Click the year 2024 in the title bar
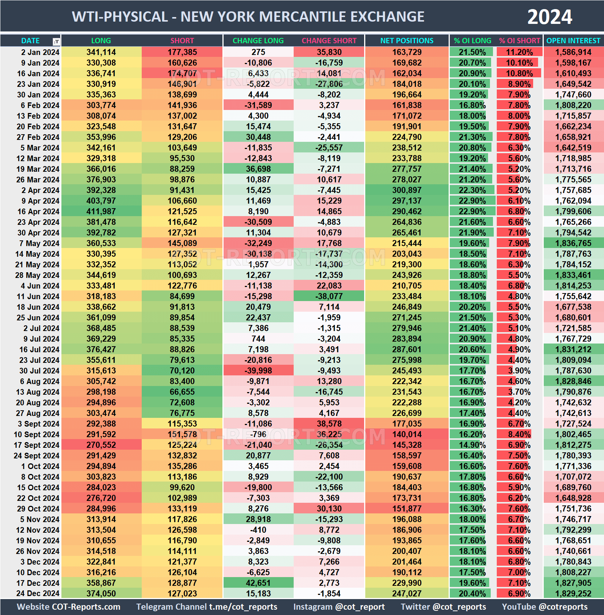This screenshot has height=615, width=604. coord(549,17)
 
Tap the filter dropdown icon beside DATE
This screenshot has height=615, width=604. coord(56,41)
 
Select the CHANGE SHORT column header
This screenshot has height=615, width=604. coord(329,41)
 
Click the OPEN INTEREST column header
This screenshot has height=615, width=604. coord(573,41)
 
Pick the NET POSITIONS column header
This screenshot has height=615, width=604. coord(407,41)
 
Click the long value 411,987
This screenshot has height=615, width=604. coord(101,212)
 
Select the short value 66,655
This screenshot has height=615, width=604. coord(182,392)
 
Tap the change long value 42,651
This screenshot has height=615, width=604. coord(258,583)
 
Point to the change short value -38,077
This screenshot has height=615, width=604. coord(329,297)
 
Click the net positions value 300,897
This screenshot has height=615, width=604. coord(407,190)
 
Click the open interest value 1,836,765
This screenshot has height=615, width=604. coord(573,243)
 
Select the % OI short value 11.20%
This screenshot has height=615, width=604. coord(519,52)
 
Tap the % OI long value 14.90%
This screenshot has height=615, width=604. coord(472,445)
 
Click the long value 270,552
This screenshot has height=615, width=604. coord(101,445)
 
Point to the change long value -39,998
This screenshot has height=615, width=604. coord(258,371)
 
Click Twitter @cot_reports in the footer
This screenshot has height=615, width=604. coord(443,607)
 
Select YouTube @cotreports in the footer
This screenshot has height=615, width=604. coord(545,607)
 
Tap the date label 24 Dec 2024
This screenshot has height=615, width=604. coord(38,594)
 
